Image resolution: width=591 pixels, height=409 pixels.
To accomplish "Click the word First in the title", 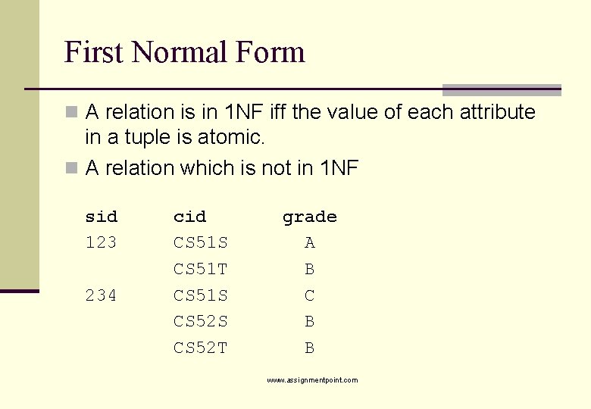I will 94,52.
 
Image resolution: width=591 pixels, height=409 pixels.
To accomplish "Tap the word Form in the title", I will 270,52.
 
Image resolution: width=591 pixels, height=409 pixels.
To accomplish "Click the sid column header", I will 102,217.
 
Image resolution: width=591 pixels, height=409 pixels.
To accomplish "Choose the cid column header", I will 189,217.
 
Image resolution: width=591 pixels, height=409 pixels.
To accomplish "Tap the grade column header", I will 309,217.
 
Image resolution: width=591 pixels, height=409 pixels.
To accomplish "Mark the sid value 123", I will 102,243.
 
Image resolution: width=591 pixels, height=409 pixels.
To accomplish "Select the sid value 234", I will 102,295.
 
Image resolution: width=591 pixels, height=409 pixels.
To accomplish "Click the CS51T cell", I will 201,270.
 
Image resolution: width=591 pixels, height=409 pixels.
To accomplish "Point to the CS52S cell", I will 201,322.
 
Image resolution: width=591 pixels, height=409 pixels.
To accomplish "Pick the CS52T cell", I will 201,348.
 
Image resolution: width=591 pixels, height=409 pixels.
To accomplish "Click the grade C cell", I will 309,295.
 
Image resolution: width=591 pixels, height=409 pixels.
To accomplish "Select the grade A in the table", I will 309,243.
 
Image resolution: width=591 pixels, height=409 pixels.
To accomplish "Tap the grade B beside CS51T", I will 309,270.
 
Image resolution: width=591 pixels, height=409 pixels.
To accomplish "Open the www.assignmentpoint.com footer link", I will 312,380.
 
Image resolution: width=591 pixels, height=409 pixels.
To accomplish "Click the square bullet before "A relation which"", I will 72,167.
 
